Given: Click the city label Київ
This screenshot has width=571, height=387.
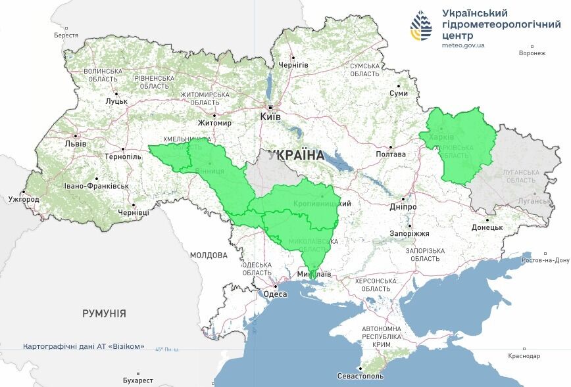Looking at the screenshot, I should (x=270, y=116).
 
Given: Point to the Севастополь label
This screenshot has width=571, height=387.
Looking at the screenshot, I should (x=360, y=376).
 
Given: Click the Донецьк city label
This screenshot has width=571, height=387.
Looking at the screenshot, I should (x=487, y=227).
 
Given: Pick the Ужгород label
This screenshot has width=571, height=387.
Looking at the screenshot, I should (x=23, y=198).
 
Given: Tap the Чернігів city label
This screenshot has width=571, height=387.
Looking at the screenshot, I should (x=293, y=65).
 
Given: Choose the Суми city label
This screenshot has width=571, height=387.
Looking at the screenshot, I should (x=399, y=93).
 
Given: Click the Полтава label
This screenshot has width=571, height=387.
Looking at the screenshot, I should (x=390, y=154).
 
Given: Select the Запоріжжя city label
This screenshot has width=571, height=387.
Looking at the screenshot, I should (x=409, y=233).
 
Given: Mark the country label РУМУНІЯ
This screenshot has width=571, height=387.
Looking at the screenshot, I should (x=104, y=313).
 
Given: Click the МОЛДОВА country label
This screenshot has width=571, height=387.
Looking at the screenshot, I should (x=209, y=255).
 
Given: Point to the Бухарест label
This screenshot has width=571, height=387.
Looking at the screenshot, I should (x=137, y=380).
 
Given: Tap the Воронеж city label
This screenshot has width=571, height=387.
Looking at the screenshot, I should (x=532, y=53).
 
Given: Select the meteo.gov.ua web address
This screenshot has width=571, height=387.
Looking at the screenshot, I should (x=463, y=45).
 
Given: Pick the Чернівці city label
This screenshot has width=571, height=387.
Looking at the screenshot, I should (x=133, y=212).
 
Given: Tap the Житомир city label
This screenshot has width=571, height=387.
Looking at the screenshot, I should (x=215, y=123).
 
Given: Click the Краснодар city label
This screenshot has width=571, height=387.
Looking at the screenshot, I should (x=524, y=356).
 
